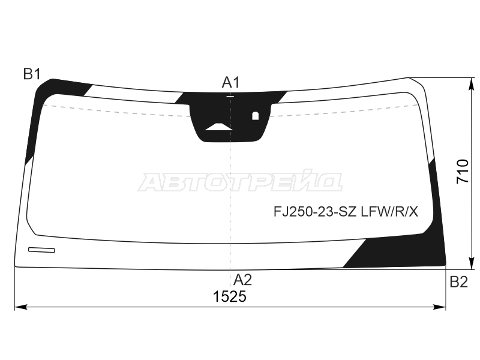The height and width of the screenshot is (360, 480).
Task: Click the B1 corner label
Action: click(32, 74)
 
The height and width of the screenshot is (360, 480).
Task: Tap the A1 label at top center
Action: click(230, 82)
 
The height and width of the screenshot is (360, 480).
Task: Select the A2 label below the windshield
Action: click(243, 280)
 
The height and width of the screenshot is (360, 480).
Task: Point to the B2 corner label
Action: click(459, 281)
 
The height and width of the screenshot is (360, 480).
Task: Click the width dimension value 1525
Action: click(230, 296)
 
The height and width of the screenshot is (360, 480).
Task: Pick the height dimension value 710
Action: click(463, 172)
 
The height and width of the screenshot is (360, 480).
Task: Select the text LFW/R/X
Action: click(389, 211)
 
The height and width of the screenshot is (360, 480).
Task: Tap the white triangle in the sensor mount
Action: click(218, 127)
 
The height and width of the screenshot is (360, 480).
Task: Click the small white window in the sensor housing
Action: click(256, 116)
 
